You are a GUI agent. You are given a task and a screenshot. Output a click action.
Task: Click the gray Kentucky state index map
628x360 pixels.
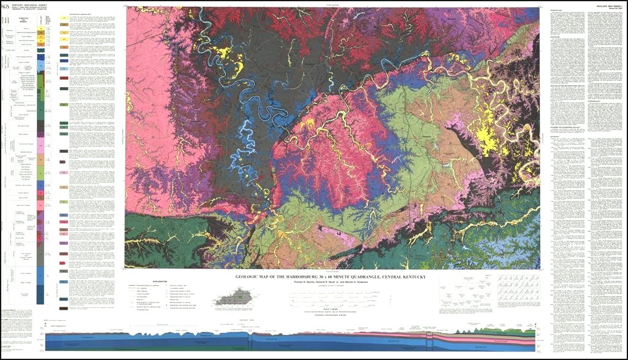pyautogui.click(x=234, y=299)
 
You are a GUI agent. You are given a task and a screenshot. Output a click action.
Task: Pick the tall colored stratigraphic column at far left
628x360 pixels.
pyautogui.click(x=41, y=159)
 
